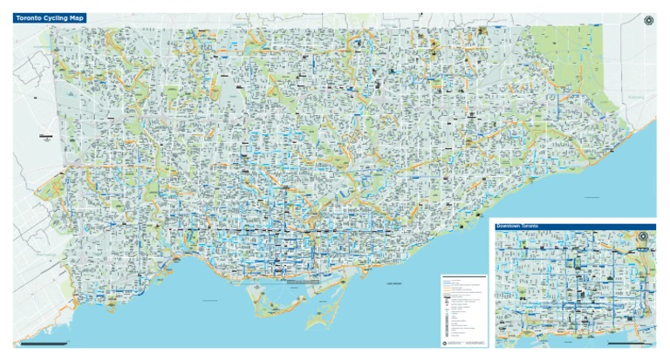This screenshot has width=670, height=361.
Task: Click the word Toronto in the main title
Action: click(28, 17)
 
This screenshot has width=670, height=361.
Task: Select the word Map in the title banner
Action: click(77, 17)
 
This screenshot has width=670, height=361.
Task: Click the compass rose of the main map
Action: click(648, 21)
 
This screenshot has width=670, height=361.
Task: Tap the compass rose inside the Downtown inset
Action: click(644, 237)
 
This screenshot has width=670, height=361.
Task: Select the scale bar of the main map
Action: click(44, 344)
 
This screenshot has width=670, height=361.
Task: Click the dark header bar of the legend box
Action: click(463, 278)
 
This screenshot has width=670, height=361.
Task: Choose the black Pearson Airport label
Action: click(45, 136)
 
